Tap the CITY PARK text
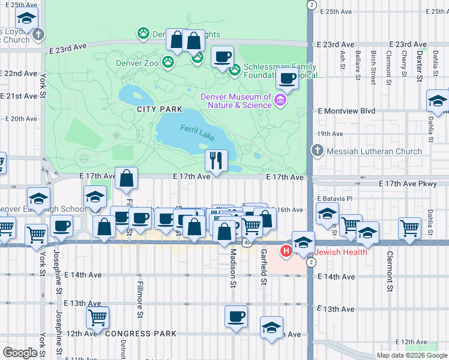[x=159, y=109]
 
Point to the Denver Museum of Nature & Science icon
[x=280, y=100]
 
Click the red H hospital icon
[x=286, y=250]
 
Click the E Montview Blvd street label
[x=346, y=111]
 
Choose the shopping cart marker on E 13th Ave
[x=97, y=316]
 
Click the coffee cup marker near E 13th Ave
[x=236, y=316]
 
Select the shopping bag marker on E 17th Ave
[x=127, y=178]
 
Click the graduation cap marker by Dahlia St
[x=438, y=101]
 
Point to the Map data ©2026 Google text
[x=411, y=355]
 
